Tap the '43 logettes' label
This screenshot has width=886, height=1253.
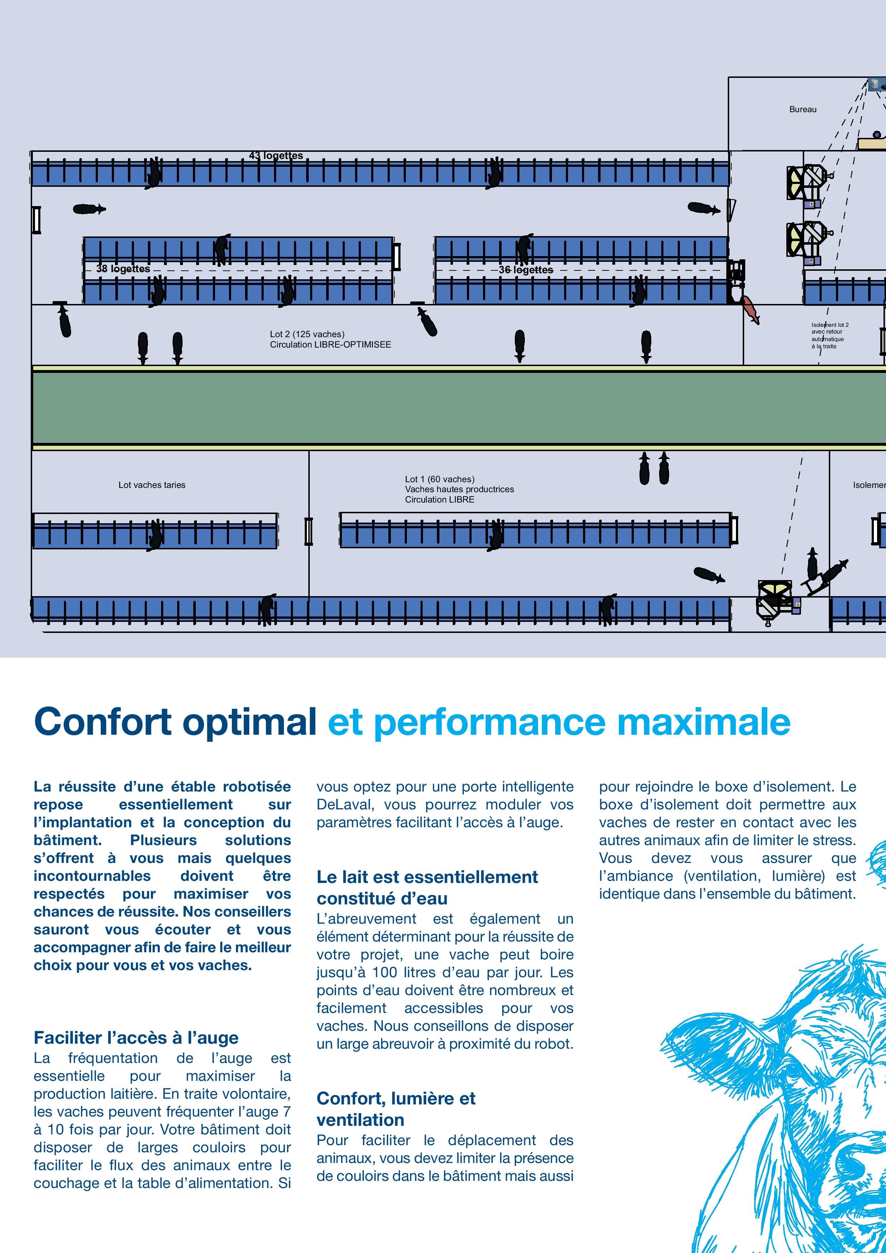(x=276, y=155)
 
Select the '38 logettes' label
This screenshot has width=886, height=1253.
(x=123, y=269)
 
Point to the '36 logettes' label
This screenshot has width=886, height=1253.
(x=526, y=270)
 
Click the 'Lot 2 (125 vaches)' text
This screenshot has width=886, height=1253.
(x=307, y=334)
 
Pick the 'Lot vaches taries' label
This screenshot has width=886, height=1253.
(x=152, y=485)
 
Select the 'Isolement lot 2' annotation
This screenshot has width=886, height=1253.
(x=830, y=325)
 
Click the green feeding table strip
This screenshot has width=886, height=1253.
(x=459, y=408)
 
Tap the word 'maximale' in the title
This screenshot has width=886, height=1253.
(x=704, y=722)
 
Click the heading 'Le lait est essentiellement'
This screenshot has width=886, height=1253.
(x=427, y=877)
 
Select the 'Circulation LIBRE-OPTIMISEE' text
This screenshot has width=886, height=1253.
(x=330, y=344)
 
